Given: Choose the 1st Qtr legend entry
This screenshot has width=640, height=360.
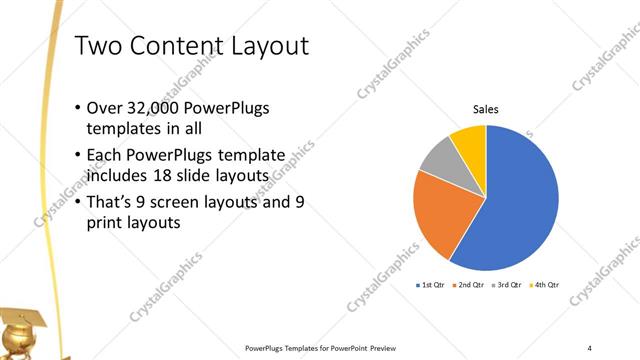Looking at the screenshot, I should click(432, 285).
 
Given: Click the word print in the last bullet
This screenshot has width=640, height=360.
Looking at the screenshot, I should click(110, 224).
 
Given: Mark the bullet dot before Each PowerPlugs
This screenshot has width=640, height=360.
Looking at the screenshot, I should click(79, 155).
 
